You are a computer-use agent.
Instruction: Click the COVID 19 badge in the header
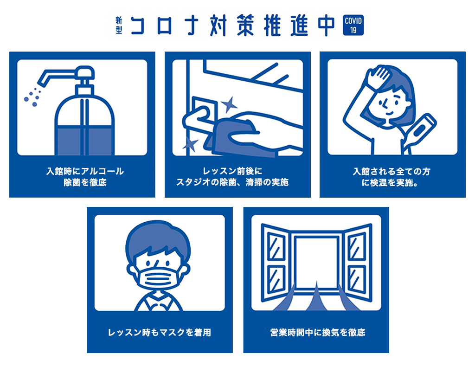click(x=353, y=26)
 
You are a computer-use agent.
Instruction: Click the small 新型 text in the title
click(x=119, y=26)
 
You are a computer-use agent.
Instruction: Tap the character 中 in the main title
click(x=322, y=26)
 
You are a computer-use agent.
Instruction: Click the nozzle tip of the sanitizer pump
click(x=43, y=79)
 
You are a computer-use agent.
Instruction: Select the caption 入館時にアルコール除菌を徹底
click(x=85, y=177)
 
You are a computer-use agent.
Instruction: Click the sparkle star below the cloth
click(x=190, y=143)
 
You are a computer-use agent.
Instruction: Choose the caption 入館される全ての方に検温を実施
click(x=392, y=177)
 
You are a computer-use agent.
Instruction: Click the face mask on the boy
click(x=158, y=276)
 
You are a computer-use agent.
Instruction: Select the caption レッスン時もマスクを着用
click(x=159, y=332)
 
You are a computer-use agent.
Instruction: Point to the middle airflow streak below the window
click(x=317, y=297)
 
